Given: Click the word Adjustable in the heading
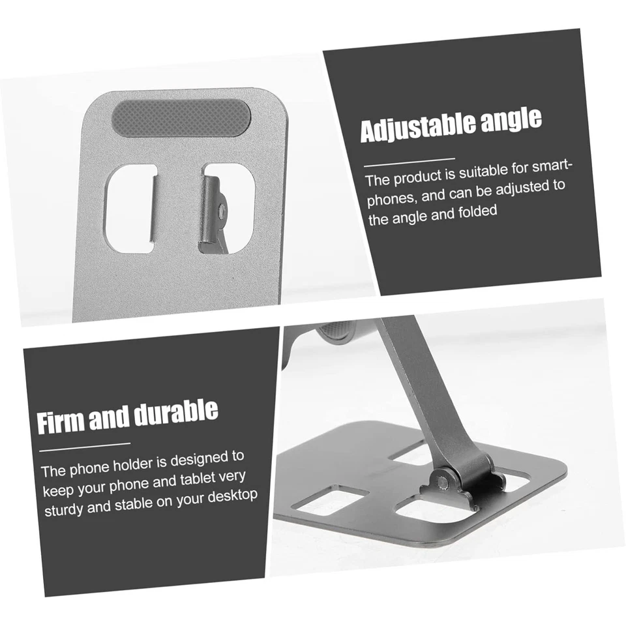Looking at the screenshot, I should coord(415,128).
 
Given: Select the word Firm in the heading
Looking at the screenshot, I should coord(60,421).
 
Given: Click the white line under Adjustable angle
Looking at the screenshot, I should coord(409,160).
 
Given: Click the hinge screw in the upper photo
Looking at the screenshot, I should coord(223,210).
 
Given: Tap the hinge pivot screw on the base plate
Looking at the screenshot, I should coord(443,481).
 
